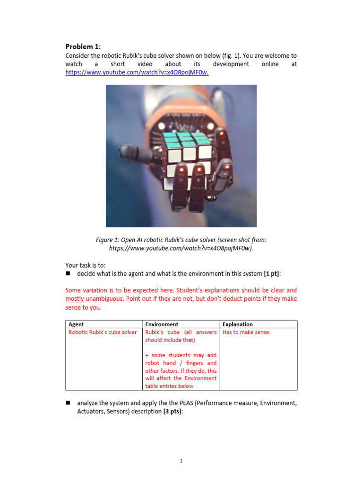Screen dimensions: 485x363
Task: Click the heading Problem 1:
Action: pos(83,46)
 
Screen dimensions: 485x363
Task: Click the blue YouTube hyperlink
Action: pos(137,72)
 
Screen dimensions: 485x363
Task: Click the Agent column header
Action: pos(77,324)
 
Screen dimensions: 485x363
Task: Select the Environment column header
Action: pos(162,324)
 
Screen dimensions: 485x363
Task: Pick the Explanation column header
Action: pos(238,324)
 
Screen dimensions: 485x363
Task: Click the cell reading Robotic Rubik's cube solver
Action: pos(103,332)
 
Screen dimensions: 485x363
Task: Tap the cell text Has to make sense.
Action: pos(246,332)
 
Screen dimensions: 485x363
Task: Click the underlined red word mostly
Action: pos(74,299)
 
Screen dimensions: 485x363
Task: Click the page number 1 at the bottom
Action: pos(181,460)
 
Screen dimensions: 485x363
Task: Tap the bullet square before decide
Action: pos(68,274)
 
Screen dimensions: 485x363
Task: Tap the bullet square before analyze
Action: pos(68,403)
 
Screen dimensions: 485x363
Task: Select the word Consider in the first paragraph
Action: pos(78,55)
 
